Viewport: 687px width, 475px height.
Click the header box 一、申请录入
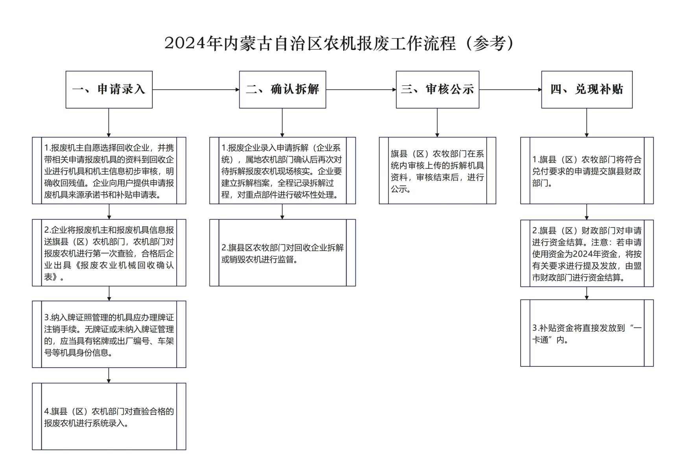click(x=109, y=90)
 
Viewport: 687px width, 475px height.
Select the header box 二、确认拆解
click(x=283, y=90)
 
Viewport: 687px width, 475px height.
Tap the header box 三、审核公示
click(x=438, y=90)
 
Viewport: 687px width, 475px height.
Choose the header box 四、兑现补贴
click(x=587, y=90)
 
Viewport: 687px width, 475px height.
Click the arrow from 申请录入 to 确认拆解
click(x=196, y=90)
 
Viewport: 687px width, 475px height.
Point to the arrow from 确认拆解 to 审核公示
click(x=361, y=90)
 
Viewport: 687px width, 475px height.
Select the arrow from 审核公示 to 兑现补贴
click(x=510, y=90)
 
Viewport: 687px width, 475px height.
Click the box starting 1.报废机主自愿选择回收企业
click(x=109, y=170)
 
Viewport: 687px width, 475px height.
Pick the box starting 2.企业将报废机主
click(x=109, y=253)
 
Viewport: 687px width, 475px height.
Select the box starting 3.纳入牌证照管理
click(x=109, y=335)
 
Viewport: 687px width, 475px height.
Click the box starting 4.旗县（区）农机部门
click(x=109, y=416)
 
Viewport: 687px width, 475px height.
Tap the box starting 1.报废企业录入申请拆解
click(x=283, y=170)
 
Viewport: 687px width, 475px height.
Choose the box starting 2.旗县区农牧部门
click(x=283, y=253)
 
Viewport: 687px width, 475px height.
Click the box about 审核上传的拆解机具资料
click(x=438, y=170)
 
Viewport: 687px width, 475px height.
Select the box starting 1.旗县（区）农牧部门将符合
click(x=587, y=170)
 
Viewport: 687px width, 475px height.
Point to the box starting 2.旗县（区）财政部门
click(x=587, y=253)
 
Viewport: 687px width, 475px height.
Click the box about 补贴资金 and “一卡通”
click(x=587, y=333)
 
